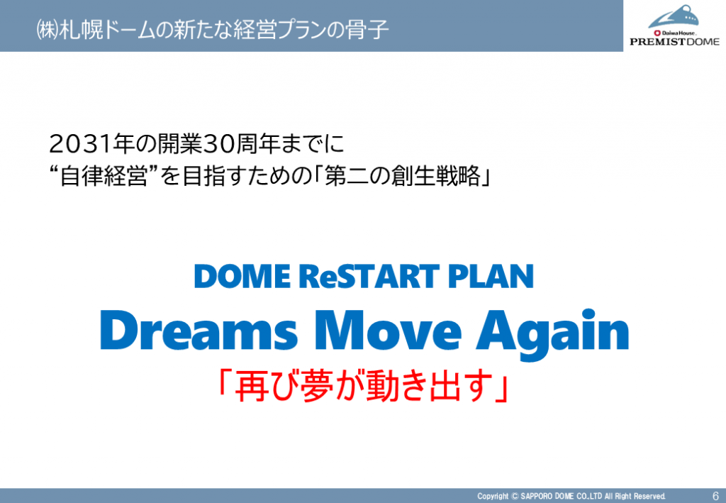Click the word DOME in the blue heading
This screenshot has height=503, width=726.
(x=242, y=276)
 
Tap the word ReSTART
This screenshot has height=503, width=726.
(x=369, y=276)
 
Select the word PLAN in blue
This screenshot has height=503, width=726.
(x=491, y=276)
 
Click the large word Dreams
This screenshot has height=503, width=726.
(x=199, y=331)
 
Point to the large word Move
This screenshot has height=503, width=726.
(x=389, y=331)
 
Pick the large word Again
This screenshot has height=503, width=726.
(x=553, y=333)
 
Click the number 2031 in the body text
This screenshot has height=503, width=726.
(x=81, y=144)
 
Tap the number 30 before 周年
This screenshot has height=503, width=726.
(x=220, y=144)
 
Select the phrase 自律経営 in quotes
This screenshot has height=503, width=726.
(x=104, y=176)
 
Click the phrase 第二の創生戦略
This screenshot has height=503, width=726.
(x=403, y=176)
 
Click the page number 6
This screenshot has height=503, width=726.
(x=716, y=496)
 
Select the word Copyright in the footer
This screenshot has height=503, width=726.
(x=493, y=496)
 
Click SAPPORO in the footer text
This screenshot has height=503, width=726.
(x=536, y=496)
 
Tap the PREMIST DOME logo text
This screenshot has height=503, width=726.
(x=675, y=42)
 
